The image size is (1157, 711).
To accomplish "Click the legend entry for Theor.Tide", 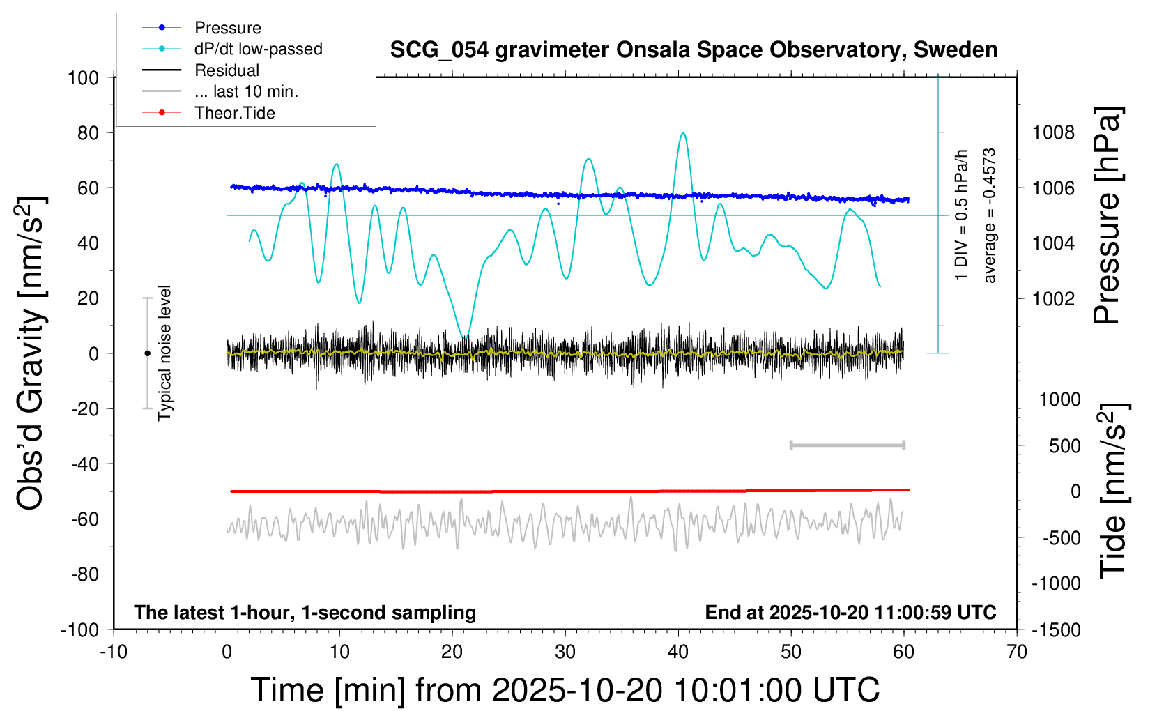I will (x=234, y=113).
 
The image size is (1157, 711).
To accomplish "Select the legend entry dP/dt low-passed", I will (x=258, y=49).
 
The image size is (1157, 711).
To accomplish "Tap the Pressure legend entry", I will (x=227, y=28).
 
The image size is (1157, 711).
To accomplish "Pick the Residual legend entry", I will (x=227, y=70).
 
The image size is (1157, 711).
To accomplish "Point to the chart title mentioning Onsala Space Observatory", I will (x=694, y=50).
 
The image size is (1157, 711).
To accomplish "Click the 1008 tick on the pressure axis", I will (x=1053, y=132).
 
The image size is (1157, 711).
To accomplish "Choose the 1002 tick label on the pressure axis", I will (x=1053, y=298).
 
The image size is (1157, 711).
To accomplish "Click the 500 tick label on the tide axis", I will (x=1064, y=446).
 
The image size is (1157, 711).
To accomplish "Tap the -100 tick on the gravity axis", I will (x=80, y=629).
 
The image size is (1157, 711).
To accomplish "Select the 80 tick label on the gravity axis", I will (x=88, y=132).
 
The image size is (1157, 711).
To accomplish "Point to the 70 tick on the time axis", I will (x=1017, y=652).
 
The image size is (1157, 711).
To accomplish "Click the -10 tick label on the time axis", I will (x=114, y=652).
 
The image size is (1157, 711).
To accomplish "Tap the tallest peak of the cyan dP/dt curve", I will (x=683, y=133).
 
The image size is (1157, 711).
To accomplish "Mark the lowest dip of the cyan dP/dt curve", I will (x=464, y=337).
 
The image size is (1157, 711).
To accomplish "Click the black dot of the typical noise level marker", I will (x=147, y=353).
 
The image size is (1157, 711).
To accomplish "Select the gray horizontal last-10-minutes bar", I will (x=847, y=445).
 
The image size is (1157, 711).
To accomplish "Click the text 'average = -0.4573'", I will (x=990, y=215).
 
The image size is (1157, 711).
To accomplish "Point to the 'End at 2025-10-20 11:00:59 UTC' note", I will (x=850, y=612).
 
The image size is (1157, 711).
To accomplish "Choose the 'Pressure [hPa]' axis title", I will (x=1107, y=215).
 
